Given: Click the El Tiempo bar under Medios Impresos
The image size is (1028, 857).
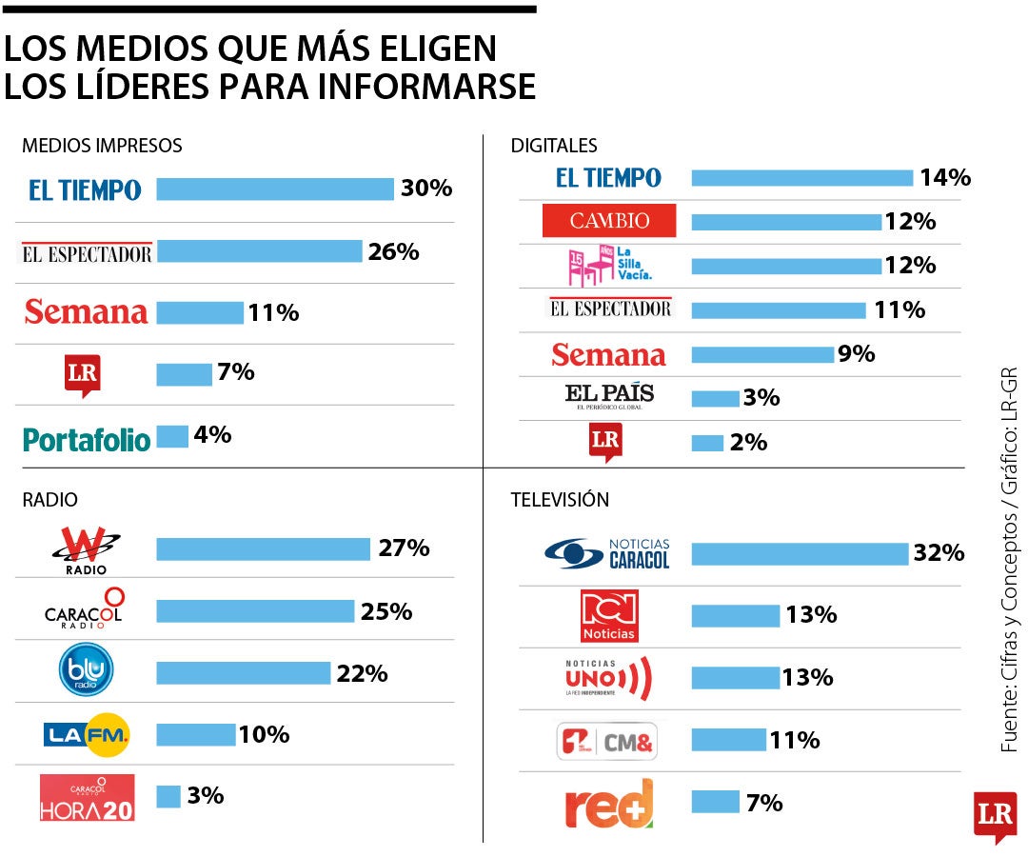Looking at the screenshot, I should (274, 189).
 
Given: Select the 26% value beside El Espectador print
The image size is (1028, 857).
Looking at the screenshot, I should (394, 251).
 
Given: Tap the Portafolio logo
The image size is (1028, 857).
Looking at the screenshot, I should (87, 439).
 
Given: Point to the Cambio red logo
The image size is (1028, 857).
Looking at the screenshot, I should (609, 221).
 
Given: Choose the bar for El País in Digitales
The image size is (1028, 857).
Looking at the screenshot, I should (715, 398).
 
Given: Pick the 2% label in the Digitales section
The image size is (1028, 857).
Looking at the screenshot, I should (748, 442).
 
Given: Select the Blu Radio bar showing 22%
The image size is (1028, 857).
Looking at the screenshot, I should (243, 673).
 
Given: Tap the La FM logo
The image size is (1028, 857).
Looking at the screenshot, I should (87, 734).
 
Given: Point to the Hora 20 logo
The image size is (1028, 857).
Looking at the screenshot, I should (87, 798).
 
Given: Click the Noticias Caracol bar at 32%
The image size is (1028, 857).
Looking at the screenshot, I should (800, 553).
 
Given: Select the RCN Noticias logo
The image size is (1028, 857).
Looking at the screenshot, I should (609, 615).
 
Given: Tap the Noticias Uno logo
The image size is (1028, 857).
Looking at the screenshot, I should (609, 677).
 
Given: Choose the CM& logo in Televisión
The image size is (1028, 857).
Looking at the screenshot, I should (607, 741).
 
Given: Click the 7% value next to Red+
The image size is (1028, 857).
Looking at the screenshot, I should (764, 803).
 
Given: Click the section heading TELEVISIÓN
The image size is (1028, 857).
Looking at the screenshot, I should (560, 499).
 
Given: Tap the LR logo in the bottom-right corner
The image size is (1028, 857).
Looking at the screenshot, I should (995, 816).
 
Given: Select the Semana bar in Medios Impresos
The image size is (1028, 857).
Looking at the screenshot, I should (200, 312).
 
